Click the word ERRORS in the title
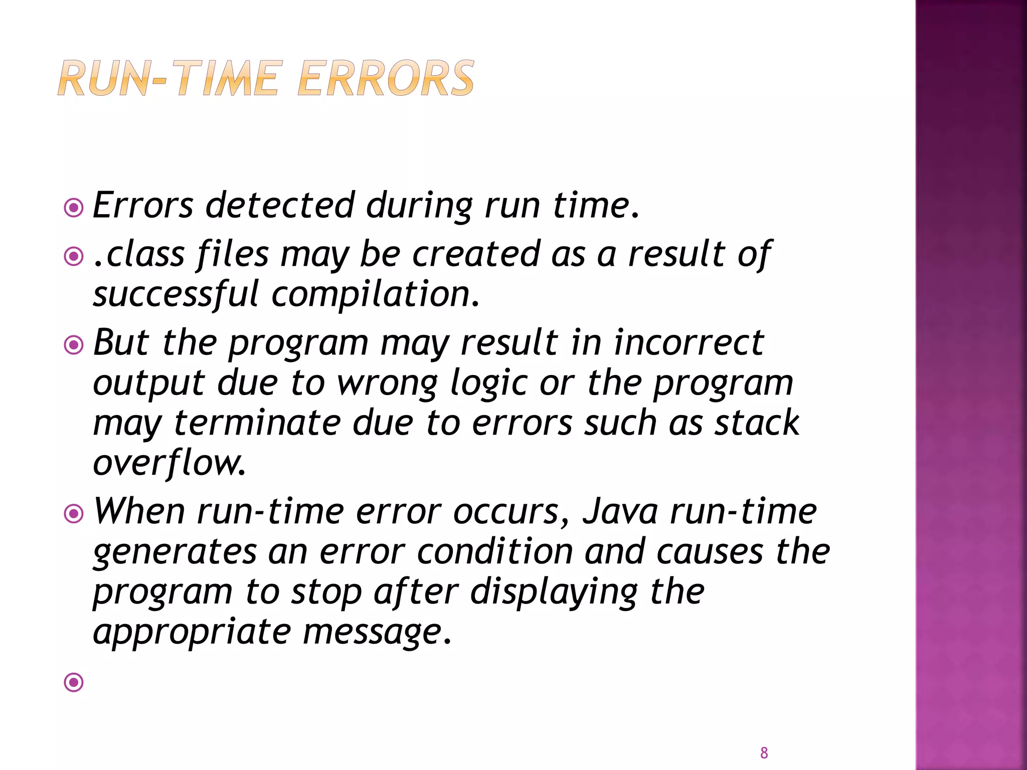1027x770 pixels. coord(385,79)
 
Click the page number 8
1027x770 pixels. coord(764,752)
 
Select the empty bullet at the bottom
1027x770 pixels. coord(74,682)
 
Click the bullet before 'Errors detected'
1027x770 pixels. coord(74,207)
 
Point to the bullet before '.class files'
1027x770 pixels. coord(74,257)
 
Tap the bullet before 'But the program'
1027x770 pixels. coord(74,345)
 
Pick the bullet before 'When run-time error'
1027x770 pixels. coord(74,514)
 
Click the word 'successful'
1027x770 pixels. coord(176,295)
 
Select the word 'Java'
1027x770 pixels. coord(620,512)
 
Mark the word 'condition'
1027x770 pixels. coord(494,552)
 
